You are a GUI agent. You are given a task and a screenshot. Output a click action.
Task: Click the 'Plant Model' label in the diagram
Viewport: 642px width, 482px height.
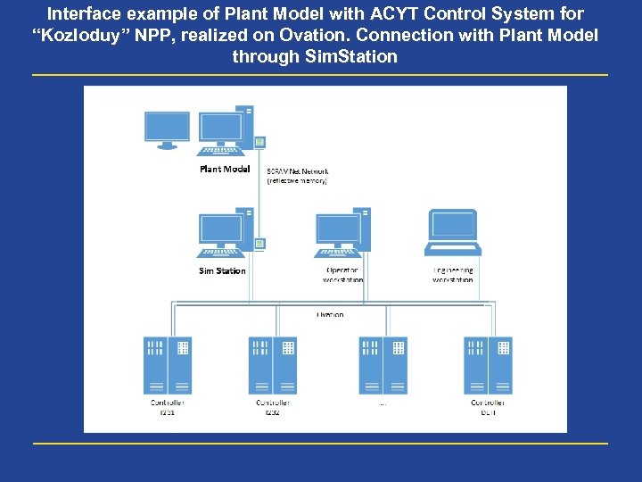pyautogui.click(x=224, y=169)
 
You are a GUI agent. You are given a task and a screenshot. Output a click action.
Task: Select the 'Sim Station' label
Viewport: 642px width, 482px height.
pyautogui.click(x=222, y=270)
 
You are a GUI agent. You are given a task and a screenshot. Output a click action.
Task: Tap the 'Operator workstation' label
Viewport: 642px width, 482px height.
pyautogui.click(x=342, y=275)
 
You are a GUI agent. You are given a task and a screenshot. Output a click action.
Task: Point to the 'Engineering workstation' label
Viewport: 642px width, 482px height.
pyautogui.click(x=453, y=275)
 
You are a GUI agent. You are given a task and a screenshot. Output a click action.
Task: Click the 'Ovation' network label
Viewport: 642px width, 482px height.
pyautogui.click(x=330, y=314)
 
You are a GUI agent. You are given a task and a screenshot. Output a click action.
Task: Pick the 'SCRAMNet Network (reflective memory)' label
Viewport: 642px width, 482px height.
pyautogui.click(x=298, y=175)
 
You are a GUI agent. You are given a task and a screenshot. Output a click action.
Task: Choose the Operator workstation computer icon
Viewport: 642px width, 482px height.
pyautogui.click(x=342, y=234)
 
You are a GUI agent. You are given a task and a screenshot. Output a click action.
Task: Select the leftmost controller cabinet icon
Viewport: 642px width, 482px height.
pyautogui.click(x=168, y=365)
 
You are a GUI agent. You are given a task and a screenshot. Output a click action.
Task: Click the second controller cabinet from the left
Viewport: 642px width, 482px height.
pyautogui.click(x=272, y=365)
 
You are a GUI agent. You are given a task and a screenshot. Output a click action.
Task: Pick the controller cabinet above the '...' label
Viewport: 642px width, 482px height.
pyautogui.click(x=383, y=365)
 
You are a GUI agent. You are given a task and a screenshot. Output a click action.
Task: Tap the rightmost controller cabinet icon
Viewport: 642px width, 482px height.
pyautogui.click(x=488, y=365)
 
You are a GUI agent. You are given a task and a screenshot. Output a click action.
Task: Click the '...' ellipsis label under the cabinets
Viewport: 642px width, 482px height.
pyautogui.click(x=383, y=403)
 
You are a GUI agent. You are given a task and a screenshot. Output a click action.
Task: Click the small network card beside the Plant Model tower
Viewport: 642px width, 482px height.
pyautogui.click(x=259, y=142)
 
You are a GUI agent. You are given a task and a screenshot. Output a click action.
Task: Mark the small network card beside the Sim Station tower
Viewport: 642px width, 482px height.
pyautogui.click(x=259, y=243)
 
